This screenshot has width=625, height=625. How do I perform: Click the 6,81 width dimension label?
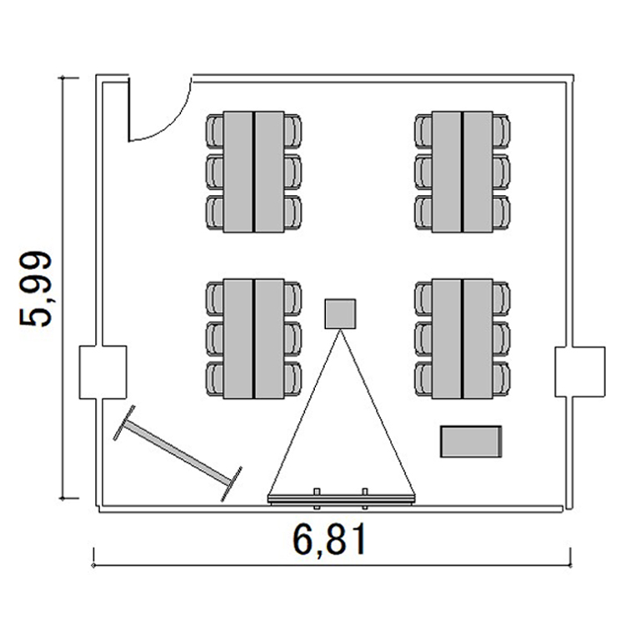point(329,540)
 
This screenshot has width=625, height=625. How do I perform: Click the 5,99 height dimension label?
point(36,288)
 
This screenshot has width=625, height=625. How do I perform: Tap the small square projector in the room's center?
point(340,313)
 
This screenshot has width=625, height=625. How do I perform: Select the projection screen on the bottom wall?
point(341,498)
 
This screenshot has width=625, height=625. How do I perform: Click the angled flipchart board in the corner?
point(177,453)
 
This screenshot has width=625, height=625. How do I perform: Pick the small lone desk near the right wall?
point(471,441)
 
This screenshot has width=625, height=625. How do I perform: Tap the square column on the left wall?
point(102,372)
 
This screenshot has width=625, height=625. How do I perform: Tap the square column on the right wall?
point(580,372)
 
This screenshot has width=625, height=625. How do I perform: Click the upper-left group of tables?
point(253,172)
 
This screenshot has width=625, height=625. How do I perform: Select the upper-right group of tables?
point(462,172)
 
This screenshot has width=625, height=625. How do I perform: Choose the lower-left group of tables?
point(253,339)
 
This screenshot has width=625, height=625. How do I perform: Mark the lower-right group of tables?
point(462,339)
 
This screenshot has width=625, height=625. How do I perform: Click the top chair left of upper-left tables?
point(215,131)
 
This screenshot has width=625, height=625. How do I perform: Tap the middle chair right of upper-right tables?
point(502,172)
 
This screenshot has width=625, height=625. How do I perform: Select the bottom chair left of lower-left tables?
point(215,378)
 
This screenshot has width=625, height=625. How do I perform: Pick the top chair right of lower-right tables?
point(502,299)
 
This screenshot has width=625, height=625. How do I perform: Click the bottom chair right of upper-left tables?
point(293,212)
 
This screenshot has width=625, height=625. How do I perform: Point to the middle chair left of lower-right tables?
point(423,339)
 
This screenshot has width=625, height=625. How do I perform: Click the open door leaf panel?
point(129,109)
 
